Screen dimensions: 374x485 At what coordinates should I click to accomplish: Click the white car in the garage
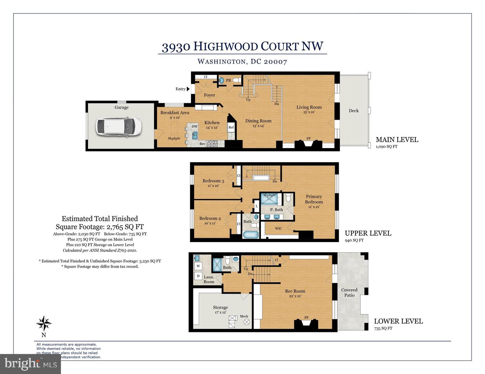pos(118,127)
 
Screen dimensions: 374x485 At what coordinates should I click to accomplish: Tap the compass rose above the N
pos(44,324)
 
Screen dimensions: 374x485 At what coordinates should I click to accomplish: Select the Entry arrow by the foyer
pos(188,89)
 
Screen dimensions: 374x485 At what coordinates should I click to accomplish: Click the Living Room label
pos(309,107)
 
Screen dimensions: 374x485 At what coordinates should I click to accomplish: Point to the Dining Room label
pos(258,121)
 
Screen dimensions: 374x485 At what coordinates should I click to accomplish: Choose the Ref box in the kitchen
pos(231,127)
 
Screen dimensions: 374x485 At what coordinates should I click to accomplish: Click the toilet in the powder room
pos(237,80)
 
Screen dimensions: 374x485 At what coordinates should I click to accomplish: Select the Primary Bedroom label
pos(314,199)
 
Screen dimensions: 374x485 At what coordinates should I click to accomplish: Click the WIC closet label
pos(278,228)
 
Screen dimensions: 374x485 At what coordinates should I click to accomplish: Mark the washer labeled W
pos(198,266)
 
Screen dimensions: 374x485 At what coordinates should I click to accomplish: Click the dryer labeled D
pos(198,276)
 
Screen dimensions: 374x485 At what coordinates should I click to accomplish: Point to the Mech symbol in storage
pos(246,322)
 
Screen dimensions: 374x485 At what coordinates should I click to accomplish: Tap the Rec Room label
pos(295,291)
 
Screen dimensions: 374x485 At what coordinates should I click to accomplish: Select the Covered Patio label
pos(349,292)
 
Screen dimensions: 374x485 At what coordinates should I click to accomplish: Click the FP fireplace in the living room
pos(308,143)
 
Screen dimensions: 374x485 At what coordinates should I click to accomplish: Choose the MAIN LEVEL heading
pos(397,140)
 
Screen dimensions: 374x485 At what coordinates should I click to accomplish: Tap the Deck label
pos(354,111)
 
